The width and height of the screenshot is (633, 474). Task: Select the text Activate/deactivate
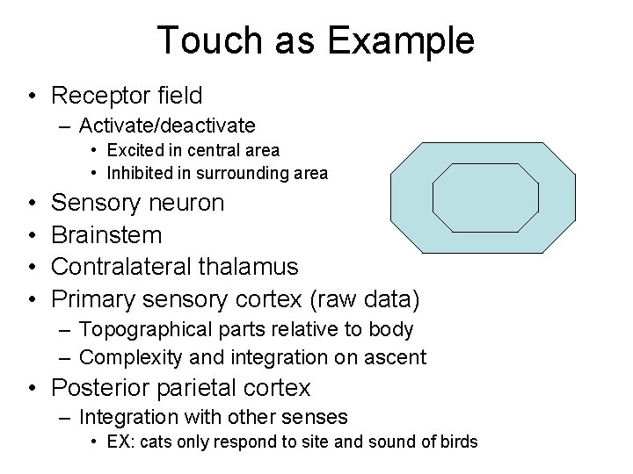pyautogui.click(x=167, y=126)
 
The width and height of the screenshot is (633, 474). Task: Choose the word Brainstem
pyautogui.click(x=107, y=234)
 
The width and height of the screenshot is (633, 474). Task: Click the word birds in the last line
pyautogui.click(x=457, y=441)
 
